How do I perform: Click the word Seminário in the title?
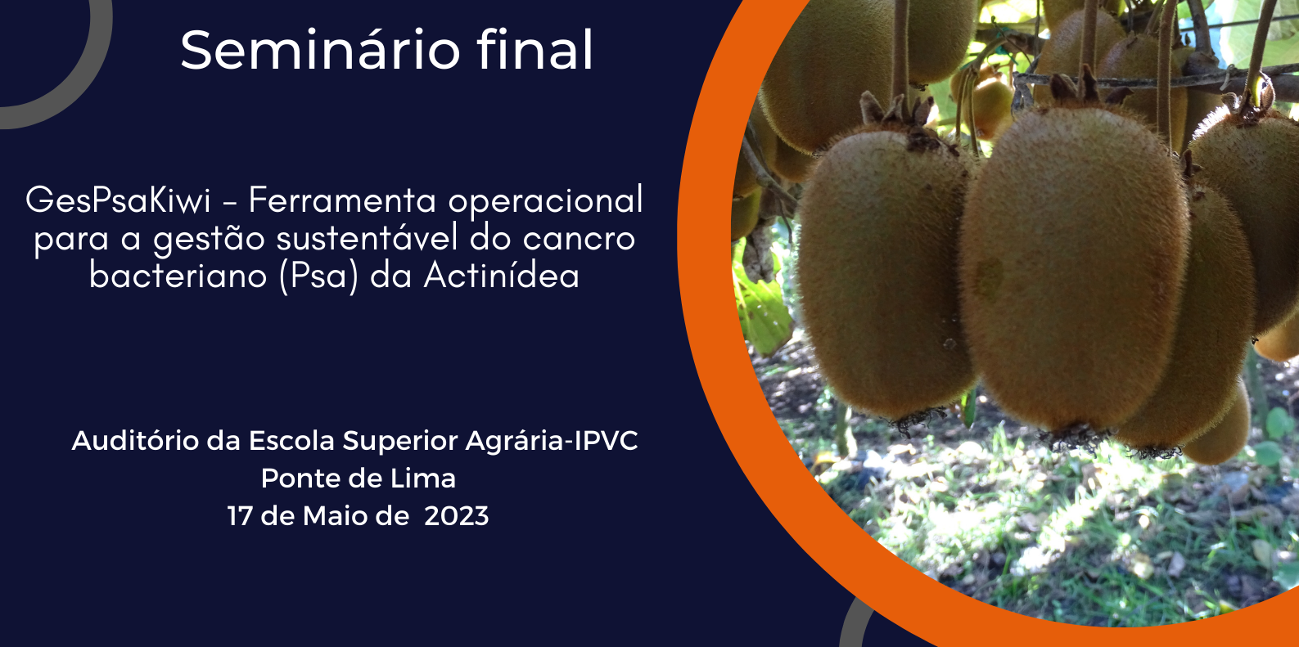coord(320,50)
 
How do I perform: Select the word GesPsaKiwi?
coord(118,200)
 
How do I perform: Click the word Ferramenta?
coord(342,200)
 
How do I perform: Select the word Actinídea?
coord(502,275)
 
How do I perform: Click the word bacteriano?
coord(178,275)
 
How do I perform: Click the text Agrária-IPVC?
coord(552,442)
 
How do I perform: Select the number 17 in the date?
coord(239,516)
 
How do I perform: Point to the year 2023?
coord(457,516)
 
